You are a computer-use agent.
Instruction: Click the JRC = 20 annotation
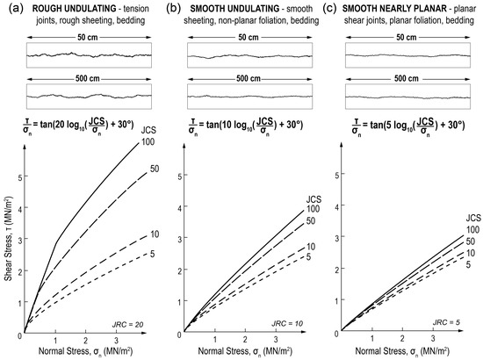[128, 324]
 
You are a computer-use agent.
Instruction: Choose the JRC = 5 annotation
[445, 324]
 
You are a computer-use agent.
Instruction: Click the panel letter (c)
[333, 8]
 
